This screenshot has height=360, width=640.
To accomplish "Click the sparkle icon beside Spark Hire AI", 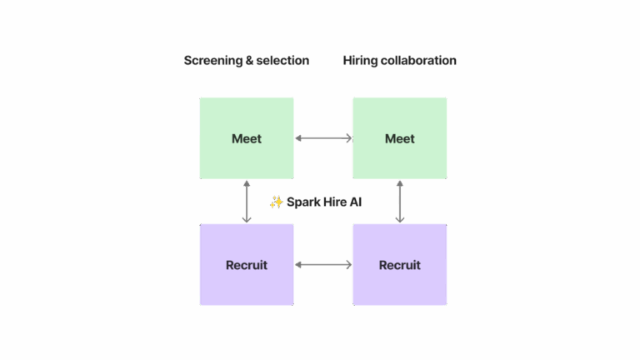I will pos(276,202).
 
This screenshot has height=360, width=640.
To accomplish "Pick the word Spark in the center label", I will pos(303,202).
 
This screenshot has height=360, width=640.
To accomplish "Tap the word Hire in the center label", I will pos(335,202).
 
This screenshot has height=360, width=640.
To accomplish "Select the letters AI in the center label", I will pos(356,202).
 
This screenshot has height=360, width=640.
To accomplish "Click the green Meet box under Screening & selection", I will pos(247,138).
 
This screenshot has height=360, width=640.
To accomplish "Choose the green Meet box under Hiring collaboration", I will pos(400,138).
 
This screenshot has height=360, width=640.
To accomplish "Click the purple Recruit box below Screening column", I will pos(247,265).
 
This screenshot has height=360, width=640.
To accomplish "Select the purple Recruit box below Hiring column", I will pos(400,265).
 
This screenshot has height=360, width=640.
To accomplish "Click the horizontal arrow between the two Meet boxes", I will pos(323,138).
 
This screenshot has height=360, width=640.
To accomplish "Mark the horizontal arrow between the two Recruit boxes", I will pos(323,265).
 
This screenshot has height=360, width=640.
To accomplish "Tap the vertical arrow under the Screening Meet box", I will pos(247,202).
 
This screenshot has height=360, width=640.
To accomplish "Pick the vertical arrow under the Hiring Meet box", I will pos(400,202).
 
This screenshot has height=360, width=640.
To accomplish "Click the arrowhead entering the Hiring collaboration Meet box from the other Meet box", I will pos(349,138).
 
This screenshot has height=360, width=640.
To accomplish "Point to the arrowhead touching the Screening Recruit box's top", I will pos(247,219).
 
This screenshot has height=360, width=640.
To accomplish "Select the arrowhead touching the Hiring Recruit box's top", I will pos(400,219).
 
